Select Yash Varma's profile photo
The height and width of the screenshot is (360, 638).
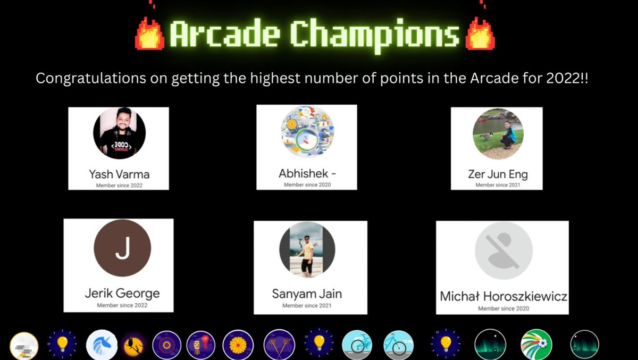tap(119, 133)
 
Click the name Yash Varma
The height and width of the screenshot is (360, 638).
tap(119, 174)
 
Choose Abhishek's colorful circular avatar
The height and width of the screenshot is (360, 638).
tap(307, 131)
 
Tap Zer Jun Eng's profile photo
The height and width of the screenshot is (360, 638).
tap(498, 134)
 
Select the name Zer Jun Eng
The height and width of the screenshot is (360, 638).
tap(498, 174)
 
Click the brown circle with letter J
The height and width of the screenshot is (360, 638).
tap(122, 248)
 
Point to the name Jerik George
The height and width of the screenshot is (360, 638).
tap(122, 293)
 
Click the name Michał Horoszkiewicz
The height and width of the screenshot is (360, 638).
tap(503, 296)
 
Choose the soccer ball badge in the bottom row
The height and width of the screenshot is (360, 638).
tap(536, 345)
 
